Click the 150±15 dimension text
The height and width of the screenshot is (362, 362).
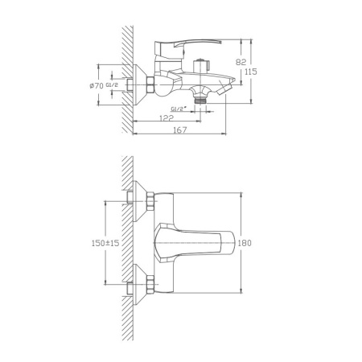105,242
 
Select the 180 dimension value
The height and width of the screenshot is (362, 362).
248,242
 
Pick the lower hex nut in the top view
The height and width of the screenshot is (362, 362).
134,285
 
